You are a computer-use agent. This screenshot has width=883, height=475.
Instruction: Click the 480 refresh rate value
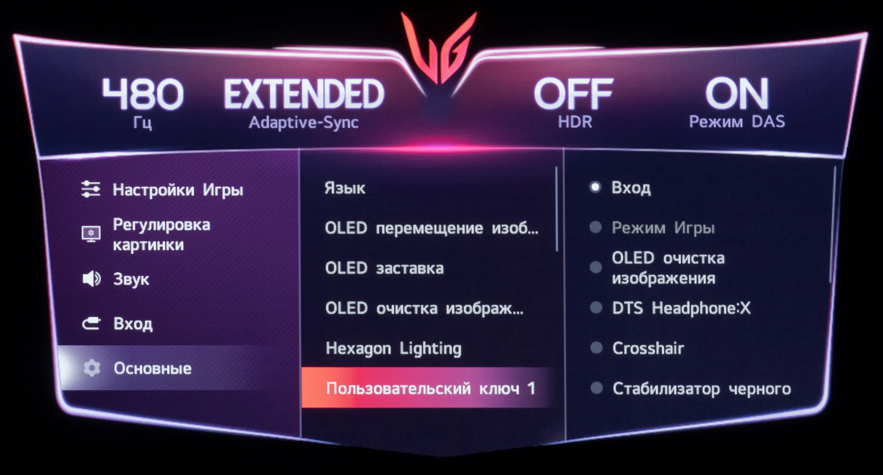tap(143, 94)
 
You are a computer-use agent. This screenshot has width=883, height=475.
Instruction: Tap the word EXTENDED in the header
tap(304, 94)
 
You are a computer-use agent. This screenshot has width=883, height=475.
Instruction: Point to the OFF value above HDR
tap(574, 94)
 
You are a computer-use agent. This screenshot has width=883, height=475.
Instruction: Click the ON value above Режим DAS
tap(737, 94)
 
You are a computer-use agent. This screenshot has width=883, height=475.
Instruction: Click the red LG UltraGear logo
tap(439, 48)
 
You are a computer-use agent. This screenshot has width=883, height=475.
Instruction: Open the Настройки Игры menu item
tap(178, 190)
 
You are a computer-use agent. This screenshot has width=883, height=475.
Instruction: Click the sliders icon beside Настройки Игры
tap(91, 190)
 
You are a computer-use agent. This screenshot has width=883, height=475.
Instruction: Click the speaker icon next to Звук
tap(91, 279)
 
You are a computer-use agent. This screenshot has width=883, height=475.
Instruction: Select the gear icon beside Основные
tap(92, 368)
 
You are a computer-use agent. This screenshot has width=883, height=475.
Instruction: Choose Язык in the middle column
tap(345, 188)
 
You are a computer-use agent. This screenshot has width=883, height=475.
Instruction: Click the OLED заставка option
tap(384, 268)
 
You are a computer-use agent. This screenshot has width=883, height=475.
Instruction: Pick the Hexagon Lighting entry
tap(393, 349)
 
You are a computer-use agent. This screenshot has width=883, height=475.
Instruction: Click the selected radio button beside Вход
tap(595, 187)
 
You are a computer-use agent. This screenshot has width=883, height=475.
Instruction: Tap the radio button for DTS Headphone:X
tap(596, 308)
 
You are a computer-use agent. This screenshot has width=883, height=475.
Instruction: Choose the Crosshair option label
tap(648, 348)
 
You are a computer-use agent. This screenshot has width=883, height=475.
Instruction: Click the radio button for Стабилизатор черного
tap(597, 388)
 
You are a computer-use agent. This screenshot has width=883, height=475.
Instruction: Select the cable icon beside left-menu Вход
tap(91, 323)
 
